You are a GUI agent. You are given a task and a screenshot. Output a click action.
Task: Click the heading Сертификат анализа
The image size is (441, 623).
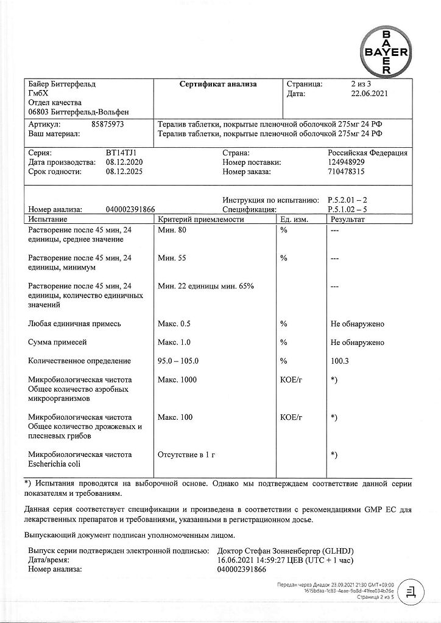218,85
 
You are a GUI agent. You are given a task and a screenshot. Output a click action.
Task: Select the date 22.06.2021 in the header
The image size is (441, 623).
365,94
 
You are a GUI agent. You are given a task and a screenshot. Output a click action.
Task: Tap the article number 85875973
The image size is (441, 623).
107,124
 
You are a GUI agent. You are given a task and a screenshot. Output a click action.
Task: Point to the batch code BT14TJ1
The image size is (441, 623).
125,153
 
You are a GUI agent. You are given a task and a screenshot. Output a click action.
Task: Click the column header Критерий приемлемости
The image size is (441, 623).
200,219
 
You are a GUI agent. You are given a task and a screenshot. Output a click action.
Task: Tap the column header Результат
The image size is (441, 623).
347,219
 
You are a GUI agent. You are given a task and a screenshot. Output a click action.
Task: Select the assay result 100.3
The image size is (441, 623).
340,361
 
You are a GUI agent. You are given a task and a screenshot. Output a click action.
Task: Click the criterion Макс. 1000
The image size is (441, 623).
176,380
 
